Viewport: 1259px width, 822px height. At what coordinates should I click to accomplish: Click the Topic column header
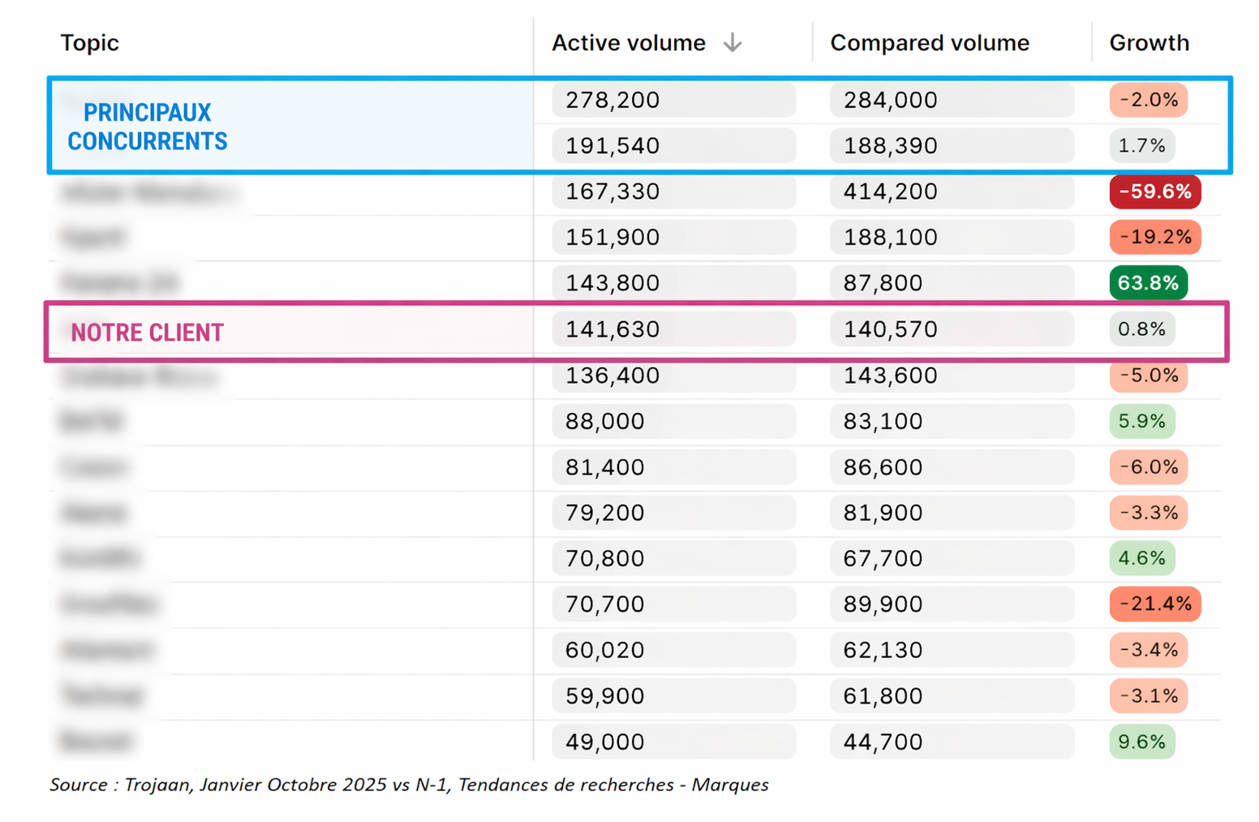point(89,43)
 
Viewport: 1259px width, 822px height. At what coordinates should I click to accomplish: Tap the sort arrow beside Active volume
point(733,43)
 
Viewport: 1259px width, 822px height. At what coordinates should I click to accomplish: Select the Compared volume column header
point(929,43)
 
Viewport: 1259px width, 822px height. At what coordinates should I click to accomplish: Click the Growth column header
point(1149,43)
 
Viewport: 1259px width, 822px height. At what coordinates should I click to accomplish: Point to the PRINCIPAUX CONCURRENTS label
point(147,127)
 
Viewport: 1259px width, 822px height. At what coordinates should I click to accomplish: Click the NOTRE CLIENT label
point(147,333)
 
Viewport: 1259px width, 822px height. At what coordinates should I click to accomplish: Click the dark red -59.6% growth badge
point(1154,192)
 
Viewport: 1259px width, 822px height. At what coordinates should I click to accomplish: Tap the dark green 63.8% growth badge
point(1148,283)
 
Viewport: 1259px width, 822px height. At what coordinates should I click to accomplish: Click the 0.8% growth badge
point(1141,329)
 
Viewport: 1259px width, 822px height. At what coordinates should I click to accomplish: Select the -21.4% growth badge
point(1154,604)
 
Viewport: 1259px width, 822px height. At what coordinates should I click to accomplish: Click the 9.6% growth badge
point(1141,742)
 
